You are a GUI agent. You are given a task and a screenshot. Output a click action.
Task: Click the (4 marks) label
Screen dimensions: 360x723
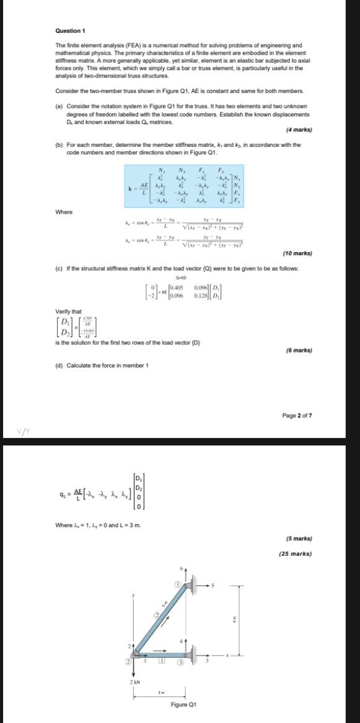point(299,130)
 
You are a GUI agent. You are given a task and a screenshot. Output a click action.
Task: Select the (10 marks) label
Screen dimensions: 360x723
point(298,271)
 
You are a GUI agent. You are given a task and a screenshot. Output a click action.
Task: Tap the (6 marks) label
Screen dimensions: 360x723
point(298,350)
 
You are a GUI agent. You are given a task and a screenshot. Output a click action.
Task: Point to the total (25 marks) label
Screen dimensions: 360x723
point(296,554)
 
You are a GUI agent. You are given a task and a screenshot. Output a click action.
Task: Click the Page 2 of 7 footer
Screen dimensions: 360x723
point(297,415)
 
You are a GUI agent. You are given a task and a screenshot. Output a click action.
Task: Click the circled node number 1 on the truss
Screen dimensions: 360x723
point(177,584)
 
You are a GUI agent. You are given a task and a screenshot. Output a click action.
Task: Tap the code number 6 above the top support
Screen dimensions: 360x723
point(182,569)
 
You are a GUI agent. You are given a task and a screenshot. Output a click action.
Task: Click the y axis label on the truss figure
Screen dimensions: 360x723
point(133,595)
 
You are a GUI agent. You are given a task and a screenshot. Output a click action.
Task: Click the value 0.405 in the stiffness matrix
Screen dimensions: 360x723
point(177,287)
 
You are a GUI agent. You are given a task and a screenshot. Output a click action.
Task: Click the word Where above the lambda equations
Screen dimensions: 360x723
point(64,212)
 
